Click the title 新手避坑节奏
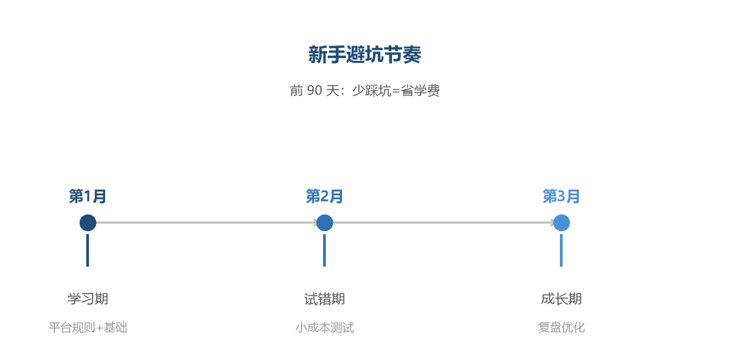(365, 55)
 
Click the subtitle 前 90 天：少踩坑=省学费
(365, 91)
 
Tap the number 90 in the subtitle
(314, 91)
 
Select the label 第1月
(88, 197)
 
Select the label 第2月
(324, 197)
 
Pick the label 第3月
(561, 197)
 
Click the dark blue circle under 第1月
(88, 222)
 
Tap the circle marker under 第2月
(324, 222)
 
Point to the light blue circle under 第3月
(561, 222)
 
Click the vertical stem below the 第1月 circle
(88, 250)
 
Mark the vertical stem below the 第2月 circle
(324, 250)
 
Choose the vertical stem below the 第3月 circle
(561, 250)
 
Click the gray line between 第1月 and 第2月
(206, 222)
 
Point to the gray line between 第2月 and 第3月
(443, 222)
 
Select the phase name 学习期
(88, 298)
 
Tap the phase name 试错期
(324, 298)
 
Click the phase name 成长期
(561, 298)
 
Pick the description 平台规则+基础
(88, 328)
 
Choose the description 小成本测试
(324, 328)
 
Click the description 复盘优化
(561, 328)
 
